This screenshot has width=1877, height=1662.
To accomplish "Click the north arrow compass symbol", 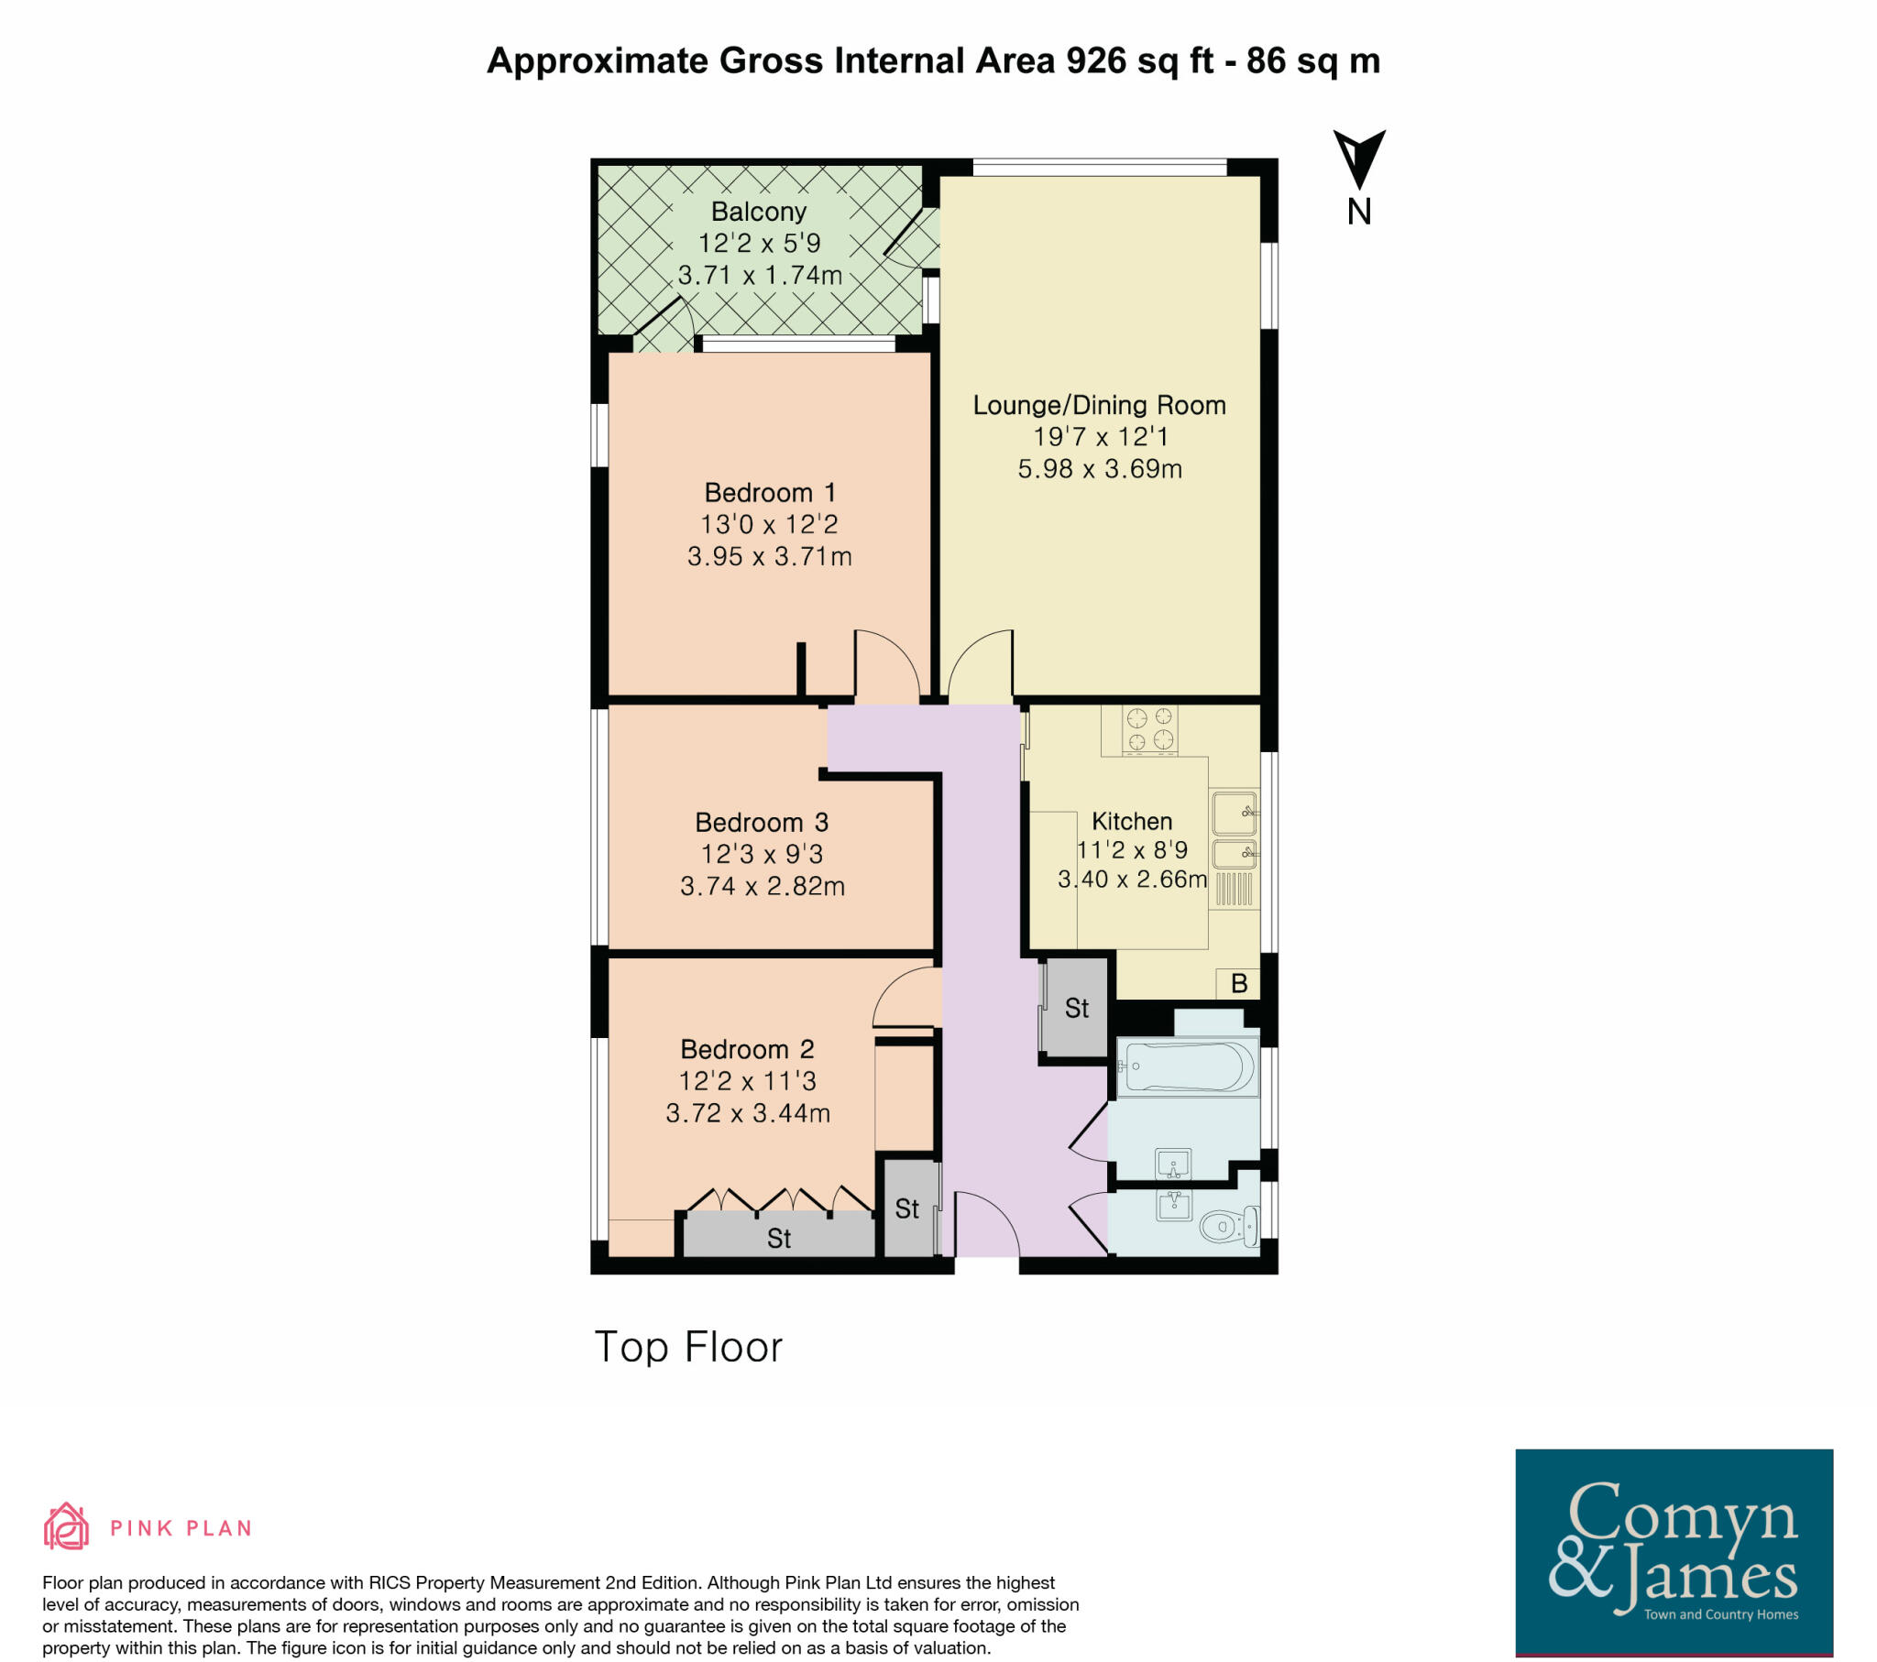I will [1359, 160].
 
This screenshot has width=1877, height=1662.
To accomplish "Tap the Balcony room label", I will [759, 212].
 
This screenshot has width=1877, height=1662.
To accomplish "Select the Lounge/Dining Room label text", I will [1099, 405].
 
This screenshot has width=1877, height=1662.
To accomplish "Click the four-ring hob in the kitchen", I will [1149, 729].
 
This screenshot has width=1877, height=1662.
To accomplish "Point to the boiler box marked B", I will [1239, 983].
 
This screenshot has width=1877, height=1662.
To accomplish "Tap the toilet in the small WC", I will [1227, 1225].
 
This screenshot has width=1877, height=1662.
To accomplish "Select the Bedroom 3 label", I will [762, 822].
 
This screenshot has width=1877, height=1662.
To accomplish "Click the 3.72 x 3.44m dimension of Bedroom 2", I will [748, 1113].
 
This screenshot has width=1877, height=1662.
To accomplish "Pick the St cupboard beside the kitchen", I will [1076, 1008].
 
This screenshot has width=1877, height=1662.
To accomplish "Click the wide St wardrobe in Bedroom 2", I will [779, 1238].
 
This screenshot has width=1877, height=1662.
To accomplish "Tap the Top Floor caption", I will [687, 1347].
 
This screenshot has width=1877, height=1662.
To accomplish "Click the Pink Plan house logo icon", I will [66, 1527].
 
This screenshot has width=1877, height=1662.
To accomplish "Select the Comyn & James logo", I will [1674, 1551].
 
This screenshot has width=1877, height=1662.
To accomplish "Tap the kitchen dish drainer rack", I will [1234, 889].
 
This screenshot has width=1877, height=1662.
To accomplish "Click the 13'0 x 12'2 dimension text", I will [769, 524].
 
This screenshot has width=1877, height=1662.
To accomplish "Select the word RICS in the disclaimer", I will [392, 1582].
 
